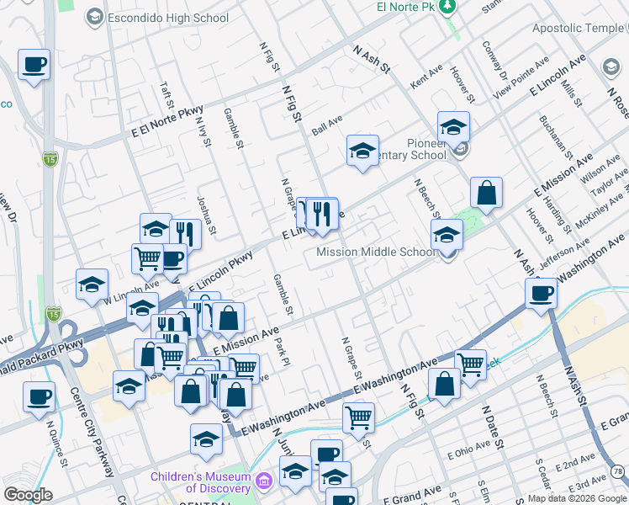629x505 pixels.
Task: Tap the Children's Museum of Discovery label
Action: pyautogui.click(x=200, y=482)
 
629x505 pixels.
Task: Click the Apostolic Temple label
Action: pyautogui.click(x=579, y=28)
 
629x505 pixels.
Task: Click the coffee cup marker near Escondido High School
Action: pyautogui.click(x=34, y=65)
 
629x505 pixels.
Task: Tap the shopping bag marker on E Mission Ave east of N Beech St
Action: pyautogui.click(x=486, y=194)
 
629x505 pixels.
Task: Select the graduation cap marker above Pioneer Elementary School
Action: pyautogui.click(x=453, y=128)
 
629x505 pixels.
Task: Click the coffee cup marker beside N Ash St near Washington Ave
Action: pyautogui.click(x=541, y=294)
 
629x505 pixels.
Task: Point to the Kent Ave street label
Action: pyautogui.click(x=426, y=82)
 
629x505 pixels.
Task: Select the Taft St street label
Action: pyautogui.click(x=166, y=96)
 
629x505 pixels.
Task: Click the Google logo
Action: pyautogui.click(x=28, y=495)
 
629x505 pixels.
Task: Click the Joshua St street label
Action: pyautogui.click(x=206, y=215)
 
